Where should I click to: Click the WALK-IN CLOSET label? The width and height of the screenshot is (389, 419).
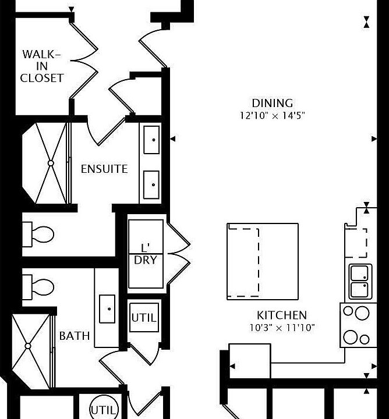point(42,66)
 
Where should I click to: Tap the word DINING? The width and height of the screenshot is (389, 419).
point(272,104)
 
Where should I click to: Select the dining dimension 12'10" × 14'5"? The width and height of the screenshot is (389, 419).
point(272,115)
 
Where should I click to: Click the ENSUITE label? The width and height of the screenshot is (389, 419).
point(104,169)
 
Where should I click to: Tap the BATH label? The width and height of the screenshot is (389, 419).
point(75,336)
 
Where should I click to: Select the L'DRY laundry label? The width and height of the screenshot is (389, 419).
point(146,253)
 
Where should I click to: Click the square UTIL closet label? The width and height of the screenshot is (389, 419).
point(144,318)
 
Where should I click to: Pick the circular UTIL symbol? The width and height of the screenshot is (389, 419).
point(105,409)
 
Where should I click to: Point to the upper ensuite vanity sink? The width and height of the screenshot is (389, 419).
point(151,140)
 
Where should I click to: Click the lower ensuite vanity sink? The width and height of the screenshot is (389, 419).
point(151,185)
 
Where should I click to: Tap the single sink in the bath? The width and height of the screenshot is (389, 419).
point(107,308)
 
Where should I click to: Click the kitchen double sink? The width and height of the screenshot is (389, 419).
point(360,280)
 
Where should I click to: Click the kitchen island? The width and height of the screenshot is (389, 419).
point(263,261)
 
